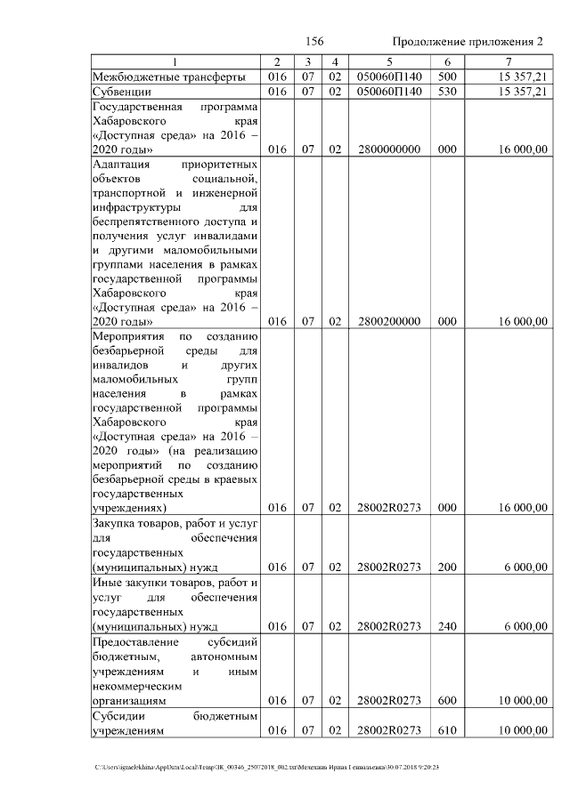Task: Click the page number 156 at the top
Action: click(313, 42)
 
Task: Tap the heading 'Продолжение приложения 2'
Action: click(468, 42)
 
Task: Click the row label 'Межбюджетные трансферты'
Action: click(169, 76)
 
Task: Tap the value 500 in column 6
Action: click(447, 76)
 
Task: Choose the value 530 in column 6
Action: click(447, 91)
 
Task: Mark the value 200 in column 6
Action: click(447, 567)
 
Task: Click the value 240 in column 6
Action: click(447, 626)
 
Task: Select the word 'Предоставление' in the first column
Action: click(136, 641)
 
